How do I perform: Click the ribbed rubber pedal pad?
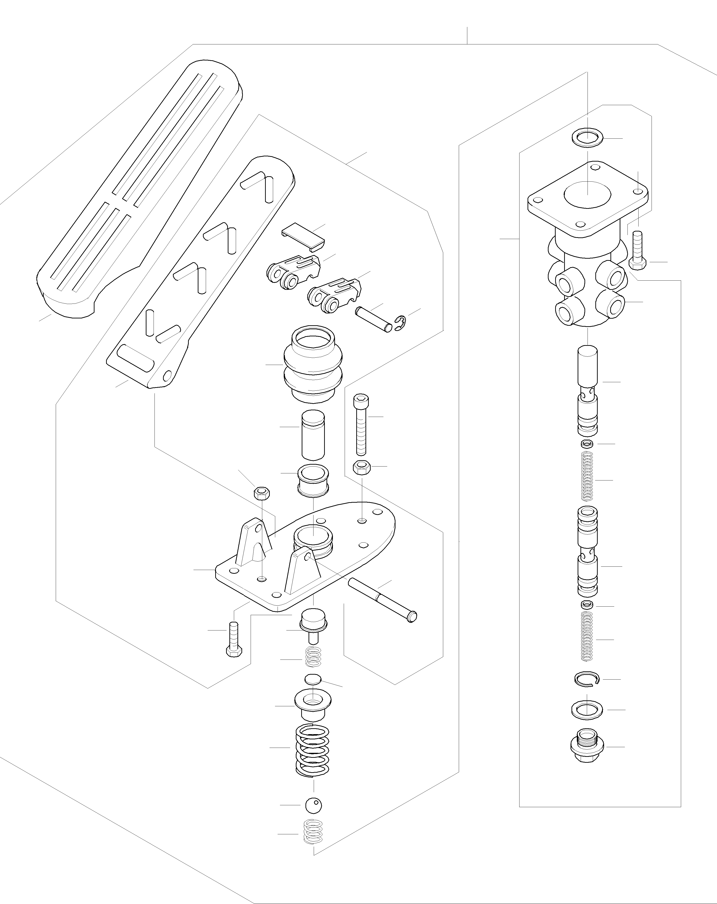pos(138,189)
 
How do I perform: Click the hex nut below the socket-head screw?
pos(361,467)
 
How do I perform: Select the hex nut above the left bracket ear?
pos(262,493)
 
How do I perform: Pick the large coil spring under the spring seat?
pos(312,750)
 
